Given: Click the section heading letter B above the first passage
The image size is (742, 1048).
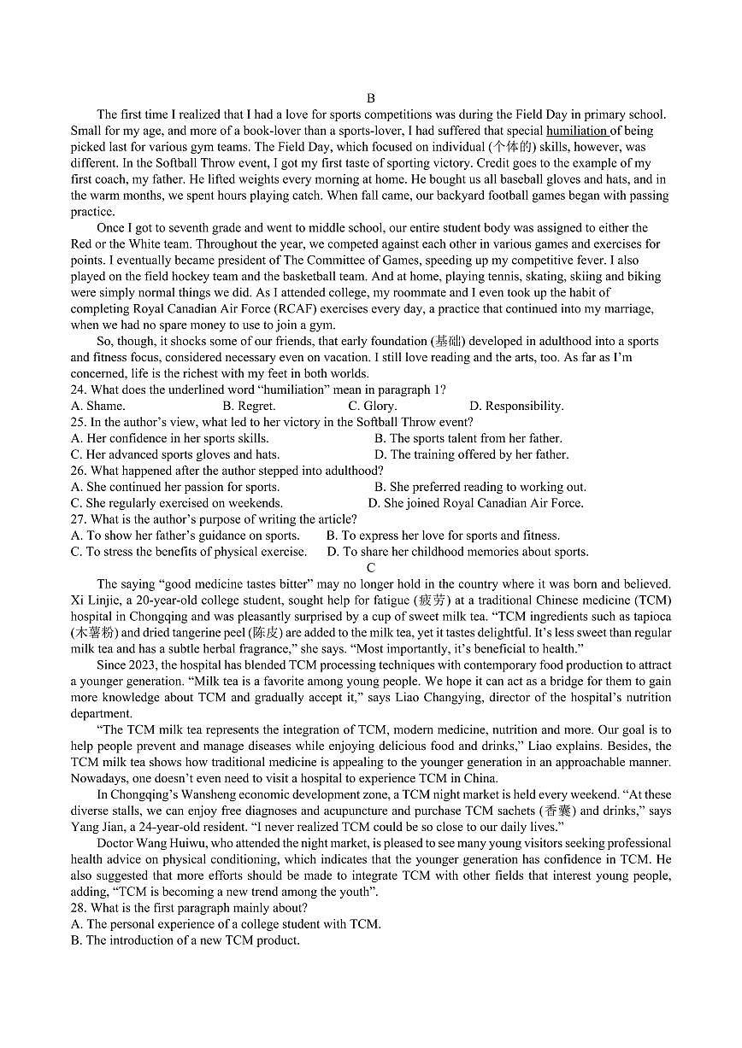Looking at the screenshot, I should pyautogui.click(x=370, y=98).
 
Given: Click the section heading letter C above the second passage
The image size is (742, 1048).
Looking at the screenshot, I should pyautogui.click(x=370, y=568).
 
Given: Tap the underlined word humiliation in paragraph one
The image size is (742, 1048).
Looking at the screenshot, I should pyautogui.click(x=577, y=131).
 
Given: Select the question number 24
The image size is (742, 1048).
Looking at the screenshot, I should pyautogui.click(x=79, y=389).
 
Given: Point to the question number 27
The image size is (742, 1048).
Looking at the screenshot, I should pyautogui.click(x=79, y=519).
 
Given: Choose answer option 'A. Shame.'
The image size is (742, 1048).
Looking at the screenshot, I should pyautogui.click(x=97, y=406).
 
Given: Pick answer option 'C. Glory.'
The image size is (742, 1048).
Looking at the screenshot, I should pyautogui.click(x=372, y=406).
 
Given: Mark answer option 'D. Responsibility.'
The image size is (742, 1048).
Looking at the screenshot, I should pyautogui.click(x=516, y=406).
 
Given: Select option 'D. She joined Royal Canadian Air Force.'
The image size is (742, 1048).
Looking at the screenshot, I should pyautogui.click(x=475, y=503).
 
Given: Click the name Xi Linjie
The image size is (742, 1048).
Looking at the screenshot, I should pyautogui.click(x=93, y=600).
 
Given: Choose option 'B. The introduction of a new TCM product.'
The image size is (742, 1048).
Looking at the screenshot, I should pyautogui.click(x=185, y=940).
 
